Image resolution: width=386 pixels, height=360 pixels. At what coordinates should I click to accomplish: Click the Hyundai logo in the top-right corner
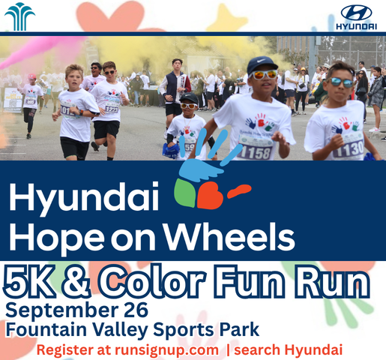(x=357, y=16)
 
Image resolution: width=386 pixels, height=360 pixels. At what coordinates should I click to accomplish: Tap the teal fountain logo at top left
(x=19, y=16)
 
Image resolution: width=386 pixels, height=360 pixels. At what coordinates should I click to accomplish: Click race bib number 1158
(x=255, y=152)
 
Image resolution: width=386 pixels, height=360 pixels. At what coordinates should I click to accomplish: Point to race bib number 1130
(x=349, y=149)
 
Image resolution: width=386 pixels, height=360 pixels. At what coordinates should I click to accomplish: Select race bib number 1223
(x=112, y=109)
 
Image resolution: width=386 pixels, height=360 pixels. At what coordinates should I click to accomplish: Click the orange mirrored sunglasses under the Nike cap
(x=263, y=74)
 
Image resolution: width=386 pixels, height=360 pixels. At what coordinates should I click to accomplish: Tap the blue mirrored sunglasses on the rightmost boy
(x=341, y=82)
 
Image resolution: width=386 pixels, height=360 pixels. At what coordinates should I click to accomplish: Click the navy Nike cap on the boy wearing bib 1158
(x=262, y=64)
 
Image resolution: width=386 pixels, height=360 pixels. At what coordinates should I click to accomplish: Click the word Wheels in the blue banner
(x=229, y=236)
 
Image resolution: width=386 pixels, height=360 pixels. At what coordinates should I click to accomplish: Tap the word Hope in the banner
(x=57, y=238)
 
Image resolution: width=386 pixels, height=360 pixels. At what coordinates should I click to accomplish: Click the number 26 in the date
(x=136, y=310)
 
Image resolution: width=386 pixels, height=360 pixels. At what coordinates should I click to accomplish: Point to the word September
(x=61, y=311)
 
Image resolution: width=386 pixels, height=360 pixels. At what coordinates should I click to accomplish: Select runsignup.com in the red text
(x=166, y=349)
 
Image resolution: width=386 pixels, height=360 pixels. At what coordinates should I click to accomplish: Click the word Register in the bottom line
(x=65, y=350)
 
